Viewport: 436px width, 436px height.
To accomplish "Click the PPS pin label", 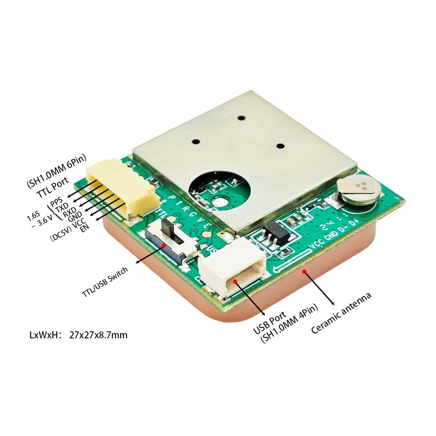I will point(57,202).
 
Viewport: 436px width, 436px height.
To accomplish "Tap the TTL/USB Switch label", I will point(105,283).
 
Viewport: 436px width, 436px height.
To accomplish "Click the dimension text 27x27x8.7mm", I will point(98,335).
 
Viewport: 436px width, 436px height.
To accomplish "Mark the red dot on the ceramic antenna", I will point(305,271).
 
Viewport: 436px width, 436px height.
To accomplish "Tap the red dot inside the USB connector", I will point(235,281).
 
